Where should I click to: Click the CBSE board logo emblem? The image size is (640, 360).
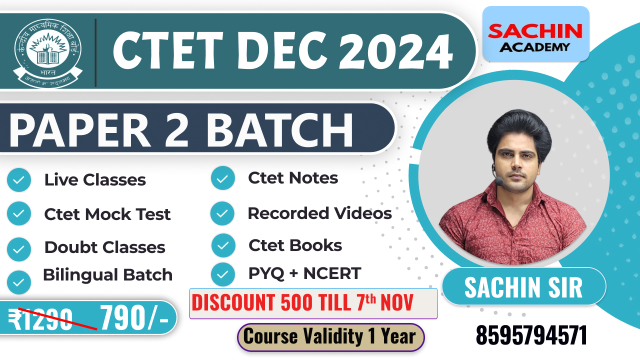(x=48, y=50)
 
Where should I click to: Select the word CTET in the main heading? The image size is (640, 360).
(x=166, y=48)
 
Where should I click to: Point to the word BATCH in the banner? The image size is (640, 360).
(x=280, y=129)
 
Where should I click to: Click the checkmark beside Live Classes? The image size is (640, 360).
(x=19, y=180)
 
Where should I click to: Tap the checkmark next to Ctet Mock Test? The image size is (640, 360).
(x=19, y=213)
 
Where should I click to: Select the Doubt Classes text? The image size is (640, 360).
(x=104, y=247)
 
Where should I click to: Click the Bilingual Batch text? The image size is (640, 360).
(x=107, y=274)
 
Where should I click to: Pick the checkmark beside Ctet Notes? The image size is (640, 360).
(x=223, y=178)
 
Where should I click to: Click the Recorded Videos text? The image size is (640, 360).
(x=319, y=213)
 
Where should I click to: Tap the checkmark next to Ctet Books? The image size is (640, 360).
(x=223, y=245)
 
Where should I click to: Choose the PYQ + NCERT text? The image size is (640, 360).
(x=304, y=273)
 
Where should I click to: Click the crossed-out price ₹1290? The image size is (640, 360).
(x=41, y=319)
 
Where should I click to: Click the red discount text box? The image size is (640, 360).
(x=313, y=303)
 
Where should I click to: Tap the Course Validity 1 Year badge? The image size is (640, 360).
(x=330, y=337)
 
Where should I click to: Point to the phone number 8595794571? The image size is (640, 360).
(x=531, y=336)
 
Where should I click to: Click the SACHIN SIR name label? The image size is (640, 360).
(x=523, y=287)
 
